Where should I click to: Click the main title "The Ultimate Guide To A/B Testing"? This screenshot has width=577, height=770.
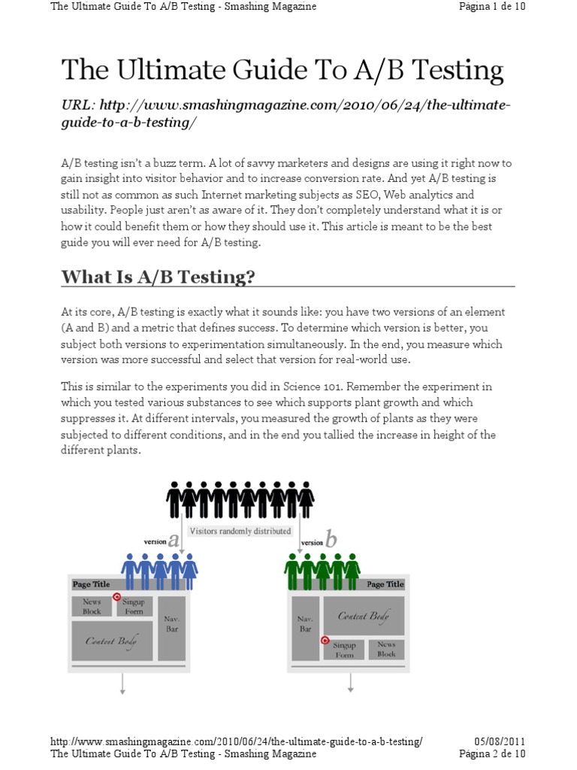click(x=282, y=70)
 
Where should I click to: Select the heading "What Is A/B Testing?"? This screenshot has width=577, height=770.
click(x=158, y=277)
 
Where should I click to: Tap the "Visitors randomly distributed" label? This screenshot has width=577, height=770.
click(x=240, y=531)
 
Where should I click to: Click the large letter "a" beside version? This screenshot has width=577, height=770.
click(x=174, y=540)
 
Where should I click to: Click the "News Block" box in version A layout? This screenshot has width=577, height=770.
click(x=92, y=607)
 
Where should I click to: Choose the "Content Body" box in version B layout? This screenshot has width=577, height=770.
click(x=364, y=616)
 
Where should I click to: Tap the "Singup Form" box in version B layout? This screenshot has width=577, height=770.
click(x=345, y=650)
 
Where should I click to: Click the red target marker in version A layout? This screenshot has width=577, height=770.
click(x=116, y=597)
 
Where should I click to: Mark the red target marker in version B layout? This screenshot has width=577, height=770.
click(x=325, y=641)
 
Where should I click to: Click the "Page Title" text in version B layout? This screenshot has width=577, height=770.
click(x=385, y=584)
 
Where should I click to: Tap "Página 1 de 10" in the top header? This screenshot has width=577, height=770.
click(x=492, y=7)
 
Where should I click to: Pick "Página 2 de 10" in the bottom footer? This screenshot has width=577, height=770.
click(x=492, y=753)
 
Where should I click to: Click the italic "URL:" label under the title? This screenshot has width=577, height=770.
click(x=78, y=105)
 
